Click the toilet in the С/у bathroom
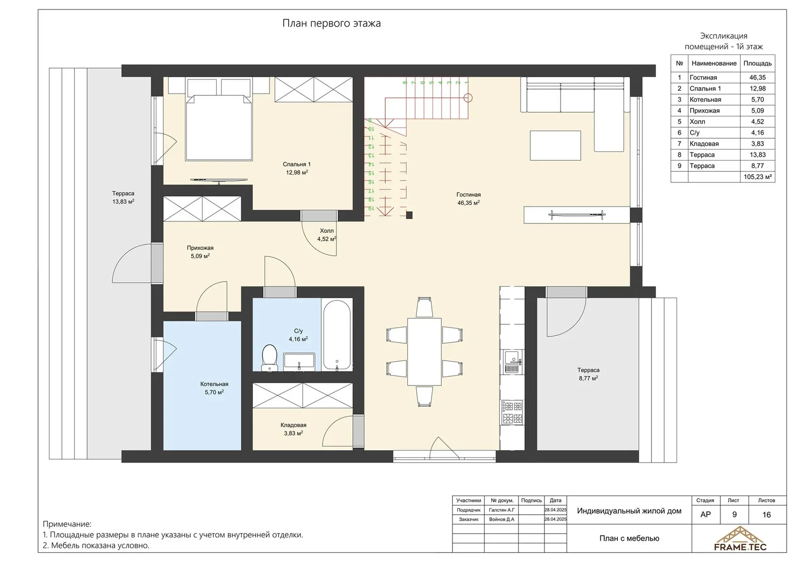tap(269, 357)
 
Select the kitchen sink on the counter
tap(513, 362)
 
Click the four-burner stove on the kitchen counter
tap(512, 412)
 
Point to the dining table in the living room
tap(425, 351)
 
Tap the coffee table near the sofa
tap(555, 145)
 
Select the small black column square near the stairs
tap(409, 215)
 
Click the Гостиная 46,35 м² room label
tap(468, 199)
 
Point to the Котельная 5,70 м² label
tap(214, 388)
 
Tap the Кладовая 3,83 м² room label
tap(293, 429)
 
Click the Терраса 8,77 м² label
tap(588, 374)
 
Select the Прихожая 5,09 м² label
tap(200, 252)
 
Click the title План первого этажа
tap(332, 23)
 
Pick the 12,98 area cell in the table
tap(757, 89)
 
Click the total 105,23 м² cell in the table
tap(758, 177)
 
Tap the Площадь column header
tap(758, 63)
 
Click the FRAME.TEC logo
tap(740, 538)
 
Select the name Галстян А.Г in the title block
tap(502, 510)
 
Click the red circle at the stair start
tap(468, 98)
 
